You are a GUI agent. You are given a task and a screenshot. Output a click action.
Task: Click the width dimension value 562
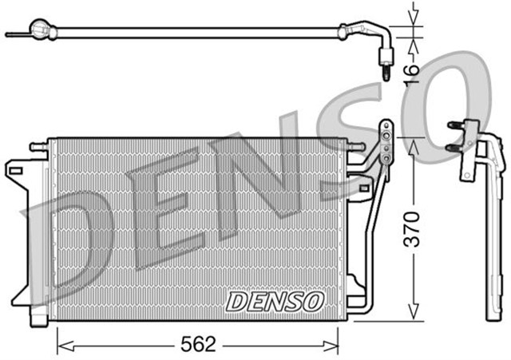click(x=198, y=345)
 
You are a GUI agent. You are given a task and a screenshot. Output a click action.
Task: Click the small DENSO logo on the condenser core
click(x=275, y=301)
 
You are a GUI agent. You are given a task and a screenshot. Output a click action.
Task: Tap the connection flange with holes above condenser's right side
click(x=386, y=144)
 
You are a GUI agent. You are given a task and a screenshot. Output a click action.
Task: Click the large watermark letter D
click(x=72, y=239)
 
